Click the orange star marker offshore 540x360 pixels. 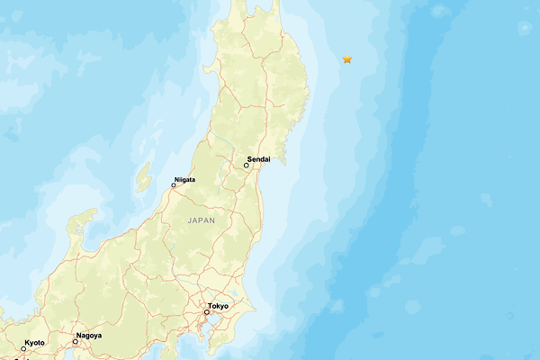coord(347,59)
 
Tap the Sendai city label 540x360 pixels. coord(258,158)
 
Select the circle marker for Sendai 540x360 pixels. coord(247,166)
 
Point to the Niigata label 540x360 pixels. coord(184,179)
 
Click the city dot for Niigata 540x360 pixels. coord(174,185)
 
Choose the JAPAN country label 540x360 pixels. coord(202,220)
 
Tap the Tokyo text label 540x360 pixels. coord(218,306)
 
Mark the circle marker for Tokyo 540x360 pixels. coord(206,312)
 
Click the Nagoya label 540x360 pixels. coord(89,335)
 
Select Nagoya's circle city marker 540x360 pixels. coord(76,341)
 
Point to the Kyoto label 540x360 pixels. coord(35,343)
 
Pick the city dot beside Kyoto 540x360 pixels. coord(23,349)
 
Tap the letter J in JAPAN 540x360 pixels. coord(190,220)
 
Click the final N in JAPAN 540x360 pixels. coord(214,220)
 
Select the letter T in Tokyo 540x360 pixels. coord(210,306)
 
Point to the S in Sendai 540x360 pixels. coord(249,158)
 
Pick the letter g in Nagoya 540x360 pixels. coord(88,336)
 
